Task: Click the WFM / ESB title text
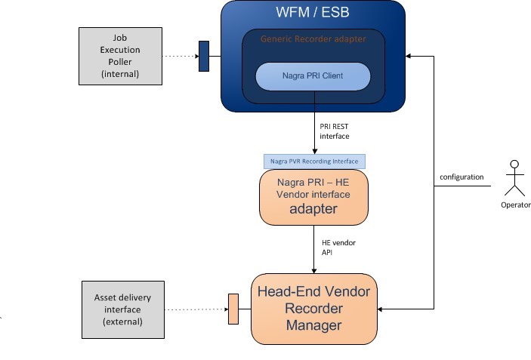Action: (313, 14)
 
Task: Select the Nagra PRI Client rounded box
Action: (313, 76)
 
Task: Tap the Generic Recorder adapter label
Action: (313, 38)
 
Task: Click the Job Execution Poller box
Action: (120, 56)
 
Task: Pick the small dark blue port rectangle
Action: (203, 56)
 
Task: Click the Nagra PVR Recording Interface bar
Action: (313, 162)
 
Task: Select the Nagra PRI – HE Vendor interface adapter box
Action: (313, 197)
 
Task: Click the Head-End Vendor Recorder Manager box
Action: (313, 309)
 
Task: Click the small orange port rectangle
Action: (233, 309)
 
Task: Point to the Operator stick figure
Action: (515, 177)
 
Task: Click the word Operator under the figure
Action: (515, 205)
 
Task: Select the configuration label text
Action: (461, 177)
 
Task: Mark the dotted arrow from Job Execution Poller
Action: (180, 56)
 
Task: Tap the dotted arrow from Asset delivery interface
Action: (195, 309)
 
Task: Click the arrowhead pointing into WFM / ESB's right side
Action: (409, 56)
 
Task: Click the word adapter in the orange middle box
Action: (313, 209)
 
